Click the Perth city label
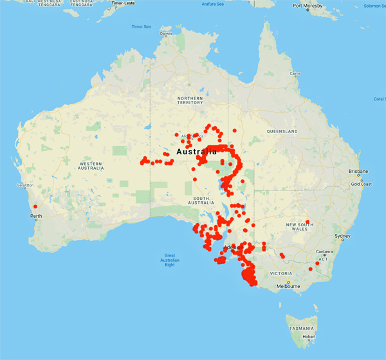[x=36, y=216]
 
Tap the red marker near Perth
[x=35, y=206]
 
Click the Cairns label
[x=295, y=74]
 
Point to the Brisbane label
[x=357, y=172]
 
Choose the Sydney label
[x=342, y=236]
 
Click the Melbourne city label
[x=289, y=286]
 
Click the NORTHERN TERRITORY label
[x=190, y=100]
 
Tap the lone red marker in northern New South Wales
[x=308, y=222]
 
